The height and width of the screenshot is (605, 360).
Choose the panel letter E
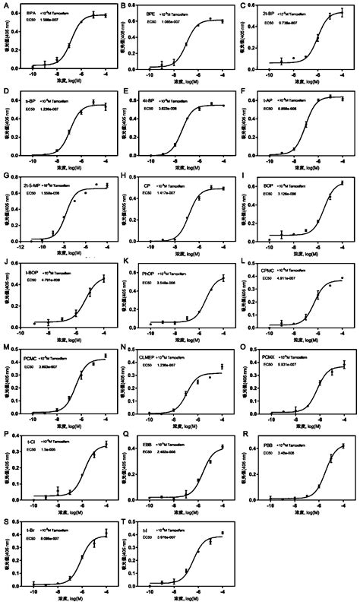pos(125,90)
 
